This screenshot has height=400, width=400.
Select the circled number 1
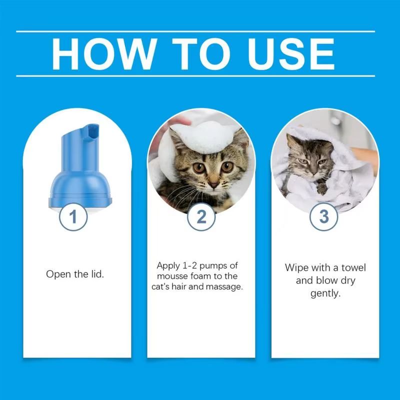click(x=73, y=217)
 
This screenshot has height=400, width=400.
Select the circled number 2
click(x=201, y=217)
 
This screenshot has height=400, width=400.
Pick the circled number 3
click(x=323, y=217)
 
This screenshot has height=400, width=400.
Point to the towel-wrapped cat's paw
click(x=322, y=188)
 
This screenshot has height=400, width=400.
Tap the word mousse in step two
click(x=171, y=276)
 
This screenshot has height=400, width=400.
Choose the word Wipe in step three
click(x=296, y=267)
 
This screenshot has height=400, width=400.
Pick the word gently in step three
click(x=325, y=293)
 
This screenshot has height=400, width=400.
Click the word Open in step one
click(x=57, y=274)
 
